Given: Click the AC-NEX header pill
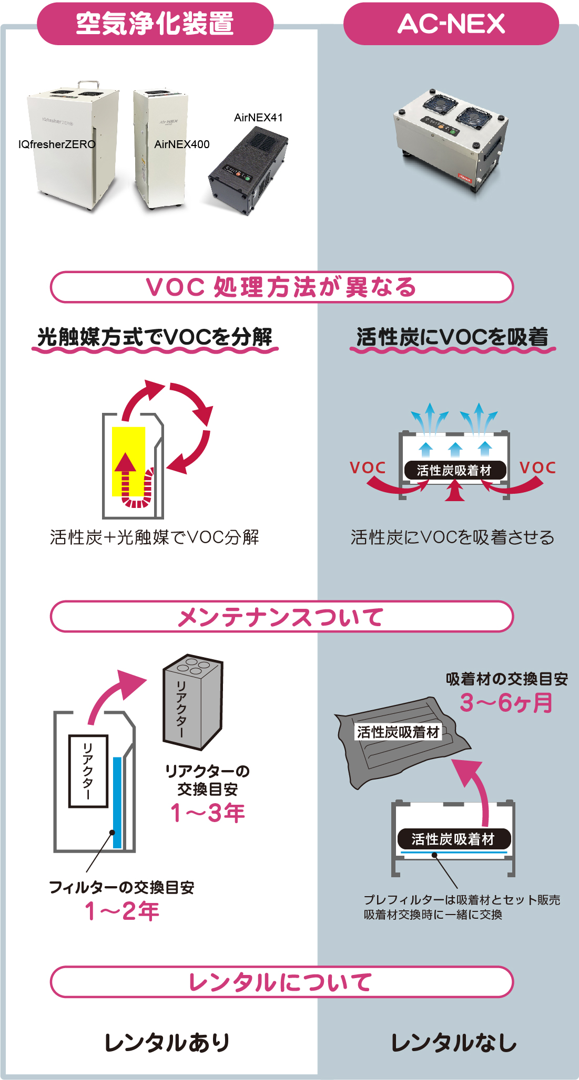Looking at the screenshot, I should (x=451, y=24).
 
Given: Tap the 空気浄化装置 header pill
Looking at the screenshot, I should (x=155, y=24).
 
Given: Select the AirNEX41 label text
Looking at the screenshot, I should (x=258, y=118).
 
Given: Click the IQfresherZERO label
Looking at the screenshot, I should (x=57, y=144).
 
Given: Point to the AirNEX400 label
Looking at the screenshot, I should (x=181, y=144).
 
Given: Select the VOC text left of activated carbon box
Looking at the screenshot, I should (x=368, y=468).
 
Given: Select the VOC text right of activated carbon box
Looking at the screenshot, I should (x=537, y=468).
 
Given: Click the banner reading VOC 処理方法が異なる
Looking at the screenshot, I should (x=281, y=287).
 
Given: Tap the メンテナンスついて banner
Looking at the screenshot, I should (x=281, y=617).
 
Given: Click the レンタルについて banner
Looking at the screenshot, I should (x=281, y=982).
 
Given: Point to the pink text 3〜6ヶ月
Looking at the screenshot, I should (x=506, y=703).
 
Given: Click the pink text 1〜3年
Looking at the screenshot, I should (x=208, y=813).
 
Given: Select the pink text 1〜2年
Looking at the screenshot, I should (x=122, y=911).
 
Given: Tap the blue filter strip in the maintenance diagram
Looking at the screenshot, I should (x=117, y=798).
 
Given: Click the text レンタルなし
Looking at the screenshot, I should (x=453, y=1043).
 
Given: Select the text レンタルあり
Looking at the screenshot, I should (x=167, y=1043).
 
